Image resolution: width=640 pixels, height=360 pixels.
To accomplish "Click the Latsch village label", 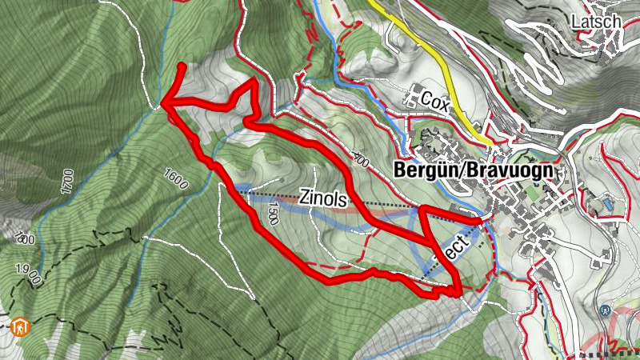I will [597, 22].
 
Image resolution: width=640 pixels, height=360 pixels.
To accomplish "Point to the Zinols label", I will [323, 198].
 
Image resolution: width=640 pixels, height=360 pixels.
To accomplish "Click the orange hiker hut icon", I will [19, 326].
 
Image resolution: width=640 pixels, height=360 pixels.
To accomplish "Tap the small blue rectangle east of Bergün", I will [610, 205].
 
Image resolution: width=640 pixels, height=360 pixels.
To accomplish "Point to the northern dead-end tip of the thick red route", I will [183, 66].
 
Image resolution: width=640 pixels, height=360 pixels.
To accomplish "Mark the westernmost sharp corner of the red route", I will [163, 102].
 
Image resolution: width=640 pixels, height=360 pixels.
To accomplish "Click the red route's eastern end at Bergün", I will [478, 219].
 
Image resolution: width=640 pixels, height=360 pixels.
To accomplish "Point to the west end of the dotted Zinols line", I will [237, 191].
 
